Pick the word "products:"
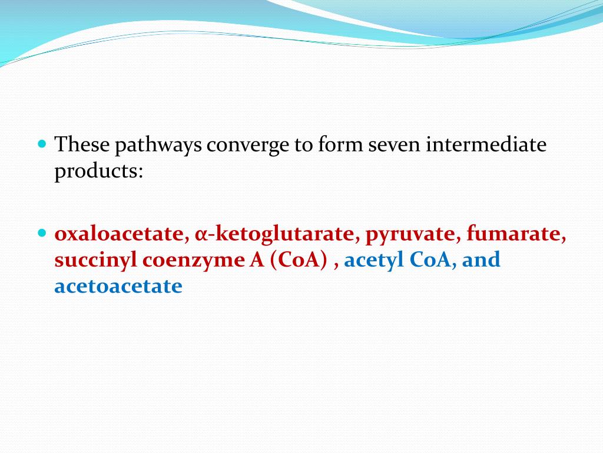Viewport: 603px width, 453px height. click(x=99, y=171)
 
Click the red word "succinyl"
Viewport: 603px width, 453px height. click(x=95, y=260)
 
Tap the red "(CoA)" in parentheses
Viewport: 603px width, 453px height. click(x=299, y=260)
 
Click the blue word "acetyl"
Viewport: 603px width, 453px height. click(x=372, y=260)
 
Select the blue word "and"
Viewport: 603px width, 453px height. click(x=481, y=260)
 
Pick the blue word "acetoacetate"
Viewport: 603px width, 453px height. click(x=118, y=286)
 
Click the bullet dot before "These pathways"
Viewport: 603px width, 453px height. click(x=42, y=143)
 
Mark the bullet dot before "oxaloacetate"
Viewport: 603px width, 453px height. click(x=42, y=233)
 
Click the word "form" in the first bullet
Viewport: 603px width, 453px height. click(x=339, y=145)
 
